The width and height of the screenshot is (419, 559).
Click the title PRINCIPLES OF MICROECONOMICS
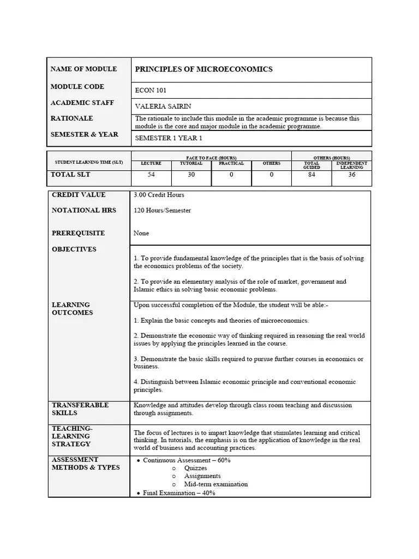[203, 69]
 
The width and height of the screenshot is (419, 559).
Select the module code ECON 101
[150, 91]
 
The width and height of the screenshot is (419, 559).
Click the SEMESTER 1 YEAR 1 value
[168, 139]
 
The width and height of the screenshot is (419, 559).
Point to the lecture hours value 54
[151, 175]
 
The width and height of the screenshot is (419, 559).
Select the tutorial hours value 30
[191, 175]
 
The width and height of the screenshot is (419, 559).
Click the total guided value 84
[312, 175]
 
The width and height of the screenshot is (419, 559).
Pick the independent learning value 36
[351, 175]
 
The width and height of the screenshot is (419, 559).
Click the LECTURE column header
[151, 163]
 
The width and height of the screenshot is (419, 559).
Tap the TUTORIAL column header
[191, 163]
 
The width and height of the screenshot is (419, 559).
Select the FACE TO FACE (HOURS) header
[211, 158]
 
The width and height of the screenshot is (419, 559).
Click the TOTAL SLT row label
[70, 175]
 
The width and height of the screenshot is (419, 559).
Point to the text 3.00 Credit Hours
[159, 195]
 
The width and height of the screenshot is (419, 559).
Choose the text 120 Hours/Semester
[162, 210]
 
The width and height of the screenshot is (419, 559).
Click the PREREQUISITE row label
[78, 233]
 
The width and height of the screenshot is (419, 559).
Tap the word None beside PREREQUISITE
[141, 233]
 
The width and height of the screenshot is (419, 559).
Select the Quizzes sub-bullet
[196, 468]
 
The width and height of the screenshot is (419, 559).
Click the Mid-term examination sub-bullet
[216, 484]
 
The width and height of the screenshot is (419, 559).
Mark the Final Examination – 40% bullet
[179, 492]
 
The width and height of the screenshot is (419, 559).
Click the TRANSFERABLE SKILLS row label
[80, 409]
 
